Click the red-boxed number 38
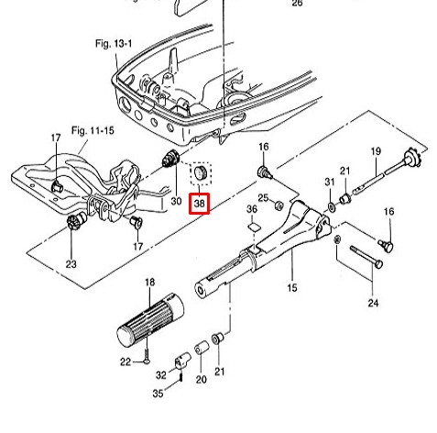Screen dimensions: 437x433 click(x=199, y=203)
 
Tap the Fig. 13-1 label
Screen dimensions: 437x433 click(x=114, y=44)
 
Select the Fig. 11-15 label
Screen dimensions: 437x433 click(x=93, y=131)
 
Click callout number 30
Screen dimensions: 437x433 click(x=176, y=201)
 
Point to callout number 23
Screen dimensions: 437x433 click(x=71, y=264)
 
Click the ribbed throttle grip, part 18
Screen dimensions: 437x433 click(x=150, y=320)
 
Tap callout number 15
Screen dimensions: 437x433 click(x=292, y=288)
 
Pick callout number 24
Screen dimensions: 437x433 click(x=373, y=303)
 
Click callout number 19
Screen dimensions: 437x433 click(x=377, y=151)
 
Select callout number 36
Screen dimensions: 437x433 click(x=252, y=209)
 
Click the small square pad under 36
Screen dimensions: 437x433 click(x=254, y=227)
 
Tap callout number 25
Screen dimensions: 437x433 click(x=263, y=198)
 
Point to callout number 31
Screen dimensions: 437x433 click(x=330, y=182)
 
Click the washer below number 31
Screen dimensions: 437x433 click(x=331, y=206)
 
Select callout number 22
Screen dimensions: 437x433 click(x=126, y=362)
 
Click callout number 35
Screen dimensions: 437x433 click(x=158, y=394)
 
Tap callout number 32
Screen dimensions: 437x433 click(x=161, y=375)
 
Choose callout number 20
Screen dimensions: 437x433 click(x=201, y=380)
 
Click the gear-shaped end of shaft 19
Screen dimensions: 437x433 click(x=413, y=158)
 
